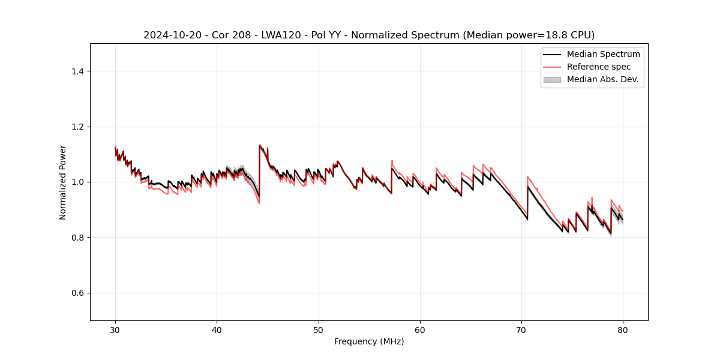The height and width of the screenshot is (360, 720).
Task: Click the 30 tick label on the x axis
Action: [115, 330]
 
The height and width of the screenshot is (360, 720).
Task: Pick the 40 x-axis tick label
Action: [217, 330]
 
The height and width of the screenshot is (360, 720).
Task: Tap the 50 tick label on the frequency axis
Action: [319, 330]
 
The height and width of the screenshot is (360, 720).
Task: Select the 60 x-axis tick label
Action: [420, 330]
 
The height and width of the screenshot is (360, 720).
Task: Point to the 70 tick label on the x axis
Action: [521, 330]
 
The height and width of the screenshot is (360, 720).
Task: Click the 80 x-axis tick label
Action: [623, 330]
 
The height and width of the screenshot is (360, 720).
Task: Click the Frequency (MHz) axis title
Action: [369, 341]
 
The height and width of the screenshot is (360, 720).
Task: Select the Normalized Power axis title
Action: [63, 182]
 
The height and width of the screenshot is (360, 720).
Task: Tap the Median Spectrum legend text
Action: [603, 54]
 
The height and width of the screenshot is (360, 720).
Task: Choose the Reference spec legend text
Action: [599, 67]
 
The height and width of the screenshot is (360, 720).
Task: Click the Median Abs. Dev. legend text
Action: [602, 79]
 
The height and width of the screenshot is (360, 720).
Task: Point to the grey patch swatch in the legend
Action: [552, 79]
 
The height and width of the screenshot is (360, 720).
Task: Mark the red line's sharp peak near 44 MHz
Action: [260, 145]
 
